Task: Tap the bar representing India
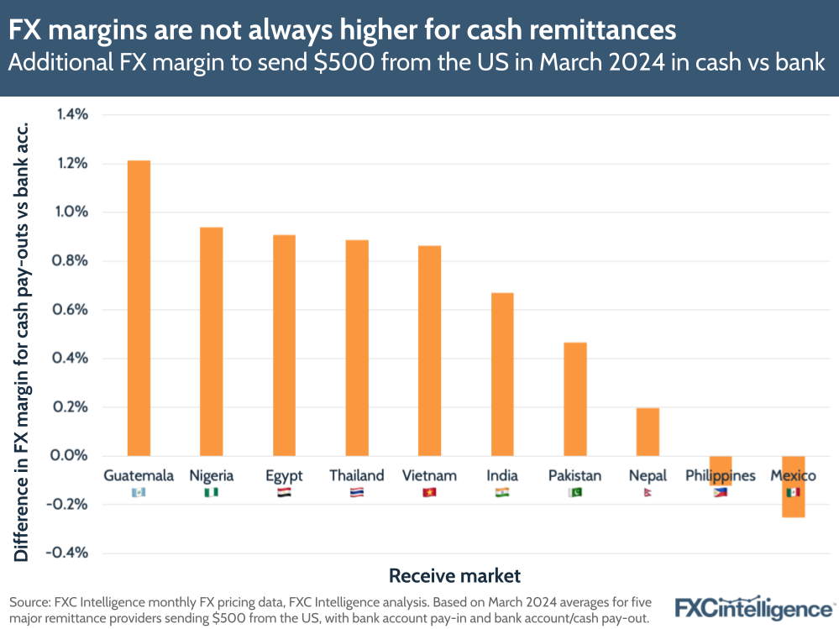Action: [502, 374]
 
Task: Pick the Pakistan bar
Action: [575, 399]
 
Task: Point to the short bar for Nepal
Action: [648, 432]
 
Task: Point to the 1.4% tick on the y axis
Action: [72, 115]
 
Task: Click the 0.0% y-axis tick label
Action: [71, 456]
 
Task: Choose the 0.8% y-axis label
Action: [72, 261]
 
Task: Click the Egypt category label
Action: [284, 475]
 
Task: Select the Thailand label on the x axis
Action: [357, 475]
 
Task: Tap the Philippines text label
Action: [720, 476]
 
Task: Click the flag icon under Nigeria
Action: [212, 493]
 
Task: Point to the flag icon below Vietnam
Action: [429, 493]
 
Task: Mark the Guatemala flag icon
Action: [139, 493]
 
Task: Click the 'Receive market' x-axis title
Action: [454, 576]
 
